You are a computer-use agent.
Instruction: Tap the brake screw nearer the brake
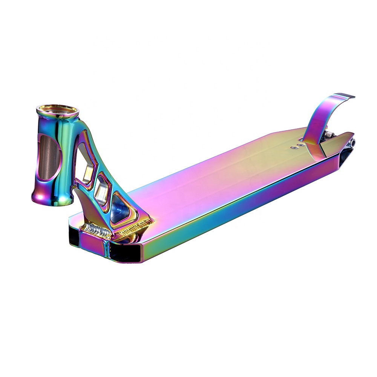coord(300,144)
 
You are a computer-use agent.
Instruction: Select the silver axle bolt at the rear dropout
coord(352,143)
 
